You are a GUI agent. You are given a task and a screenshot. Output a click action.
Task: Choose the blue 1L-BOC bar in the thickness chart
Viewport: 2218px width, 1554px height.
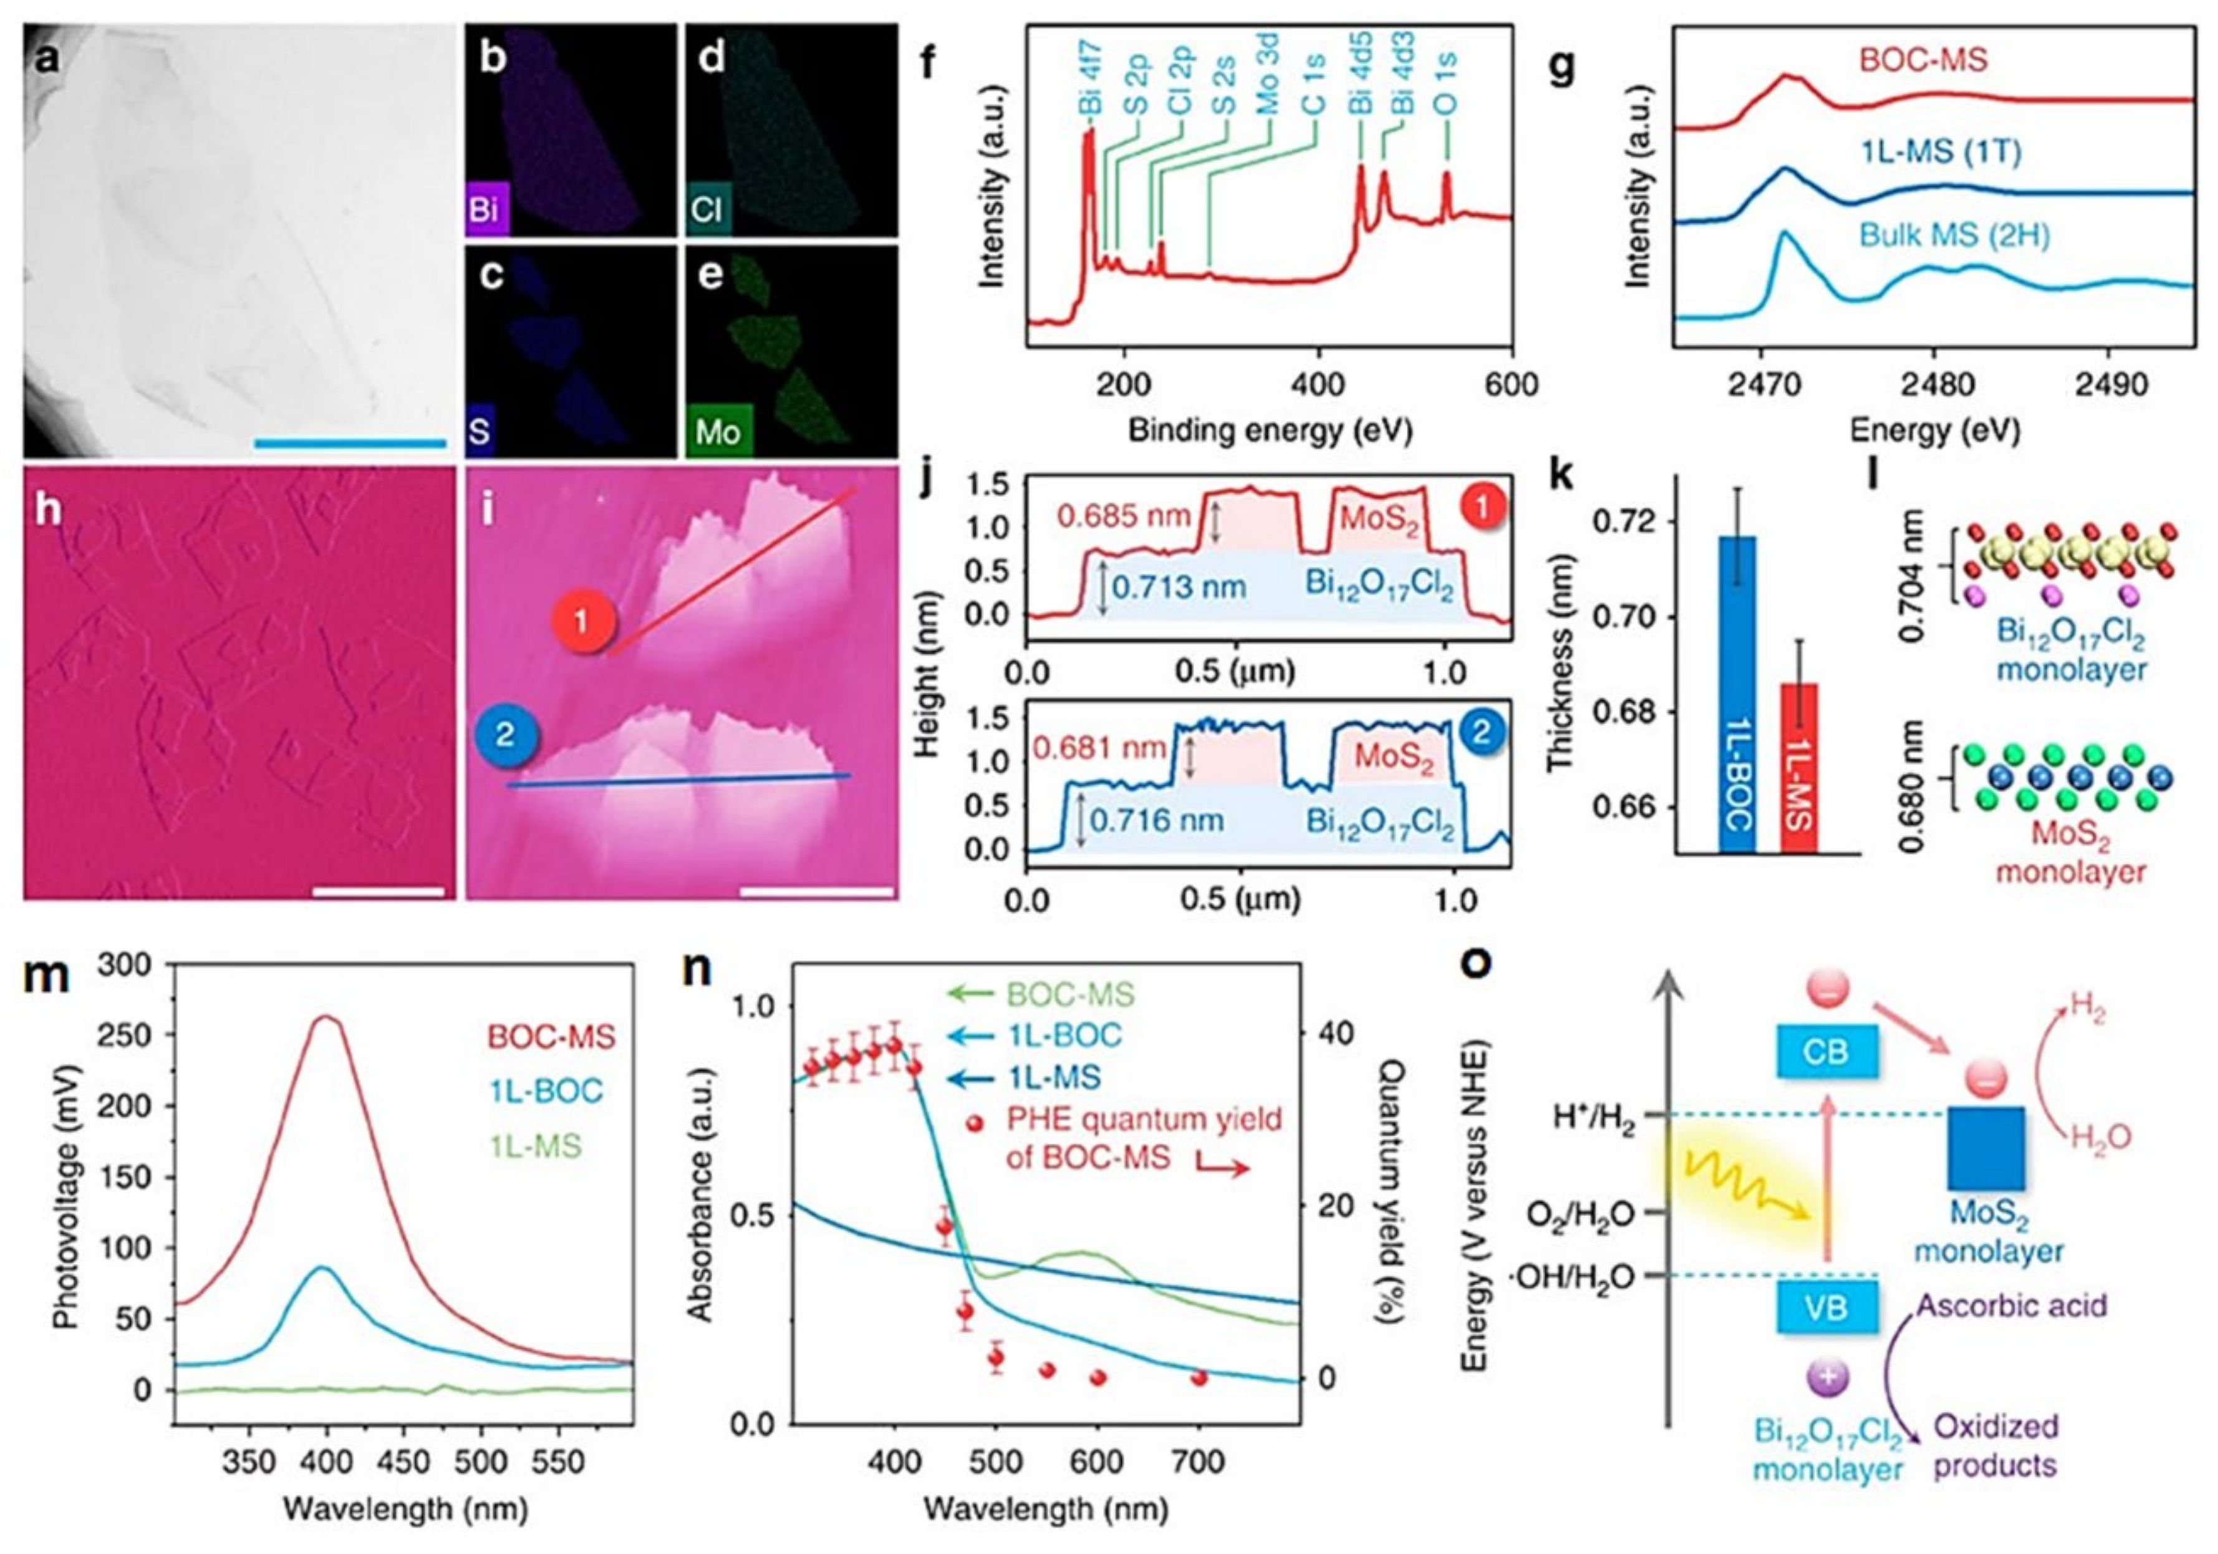coord(1738,695)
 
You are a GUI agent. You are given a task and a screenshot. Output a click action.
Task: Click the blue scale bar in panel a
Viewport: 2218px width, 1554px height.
coord(350,443)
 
